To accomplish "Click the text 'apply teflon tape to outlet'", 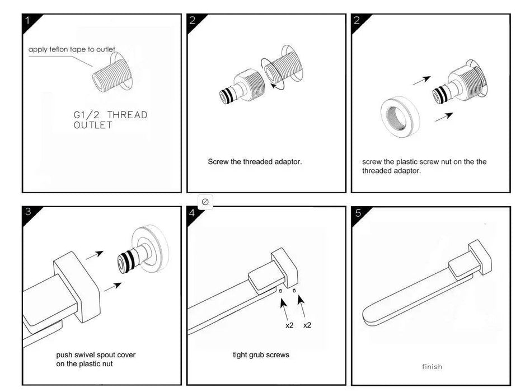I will [x=72, y=50].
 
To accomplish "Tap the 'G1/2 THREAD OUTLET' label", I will [x=110, y=120].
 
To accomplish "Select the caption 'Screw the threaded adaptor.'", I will [x=255, y=162].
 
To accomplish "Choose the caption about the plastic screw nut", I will [x=424, y=166].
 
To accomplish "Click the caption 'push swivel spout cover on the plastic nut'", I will [x=96, y=360].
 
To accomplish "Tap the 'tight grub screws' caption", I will [x=261, y=355].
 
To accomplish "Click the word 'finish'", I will [x=432, y=367].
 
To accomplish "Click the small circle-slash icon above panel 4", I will [x=205, y=201].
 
